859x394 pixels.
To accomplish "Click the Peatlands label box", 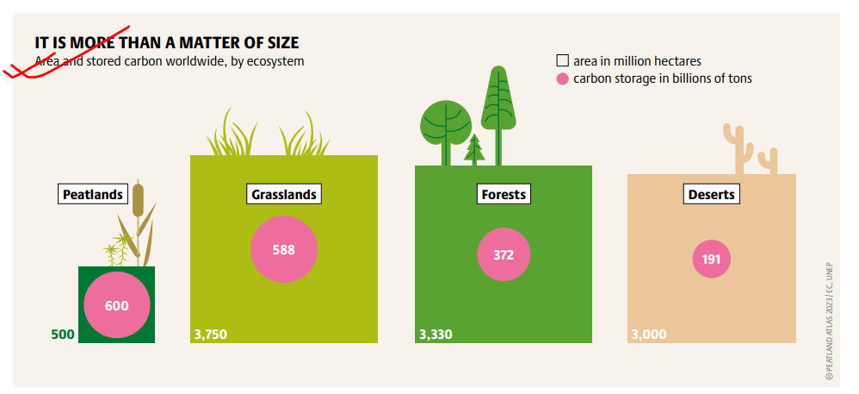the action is point(93,194).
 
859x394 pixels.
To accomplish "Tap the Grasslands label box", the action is point(284,194).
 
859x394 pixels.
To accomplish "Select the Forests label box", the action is point(504,194).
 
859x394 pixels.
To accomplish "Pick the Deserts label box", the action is point(711,194).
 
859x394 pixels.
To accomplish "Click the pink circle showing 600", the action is point(117,305).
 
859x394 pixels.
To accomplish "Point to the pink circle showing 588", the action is point(284,250).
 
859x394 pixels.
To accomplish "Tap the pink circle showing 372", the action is point(504,254).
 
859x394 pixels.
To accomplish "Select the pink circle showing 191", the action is point(711,259).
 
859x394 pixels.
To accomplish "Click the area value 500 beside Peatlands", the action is point(63,335).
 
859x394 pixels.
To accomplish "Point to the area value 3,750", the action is point(210,335).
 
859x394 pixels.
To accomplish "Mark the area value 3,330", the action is point(436,335).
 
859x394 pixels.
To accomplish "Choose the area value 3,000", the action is point(649,335).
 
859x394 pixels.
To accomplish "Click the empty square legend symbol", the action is point(562,60).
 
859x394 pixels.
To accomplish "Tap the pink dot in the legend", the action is point(562,78).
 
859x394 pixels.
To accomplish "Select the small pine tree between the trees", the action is point(474,149).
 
